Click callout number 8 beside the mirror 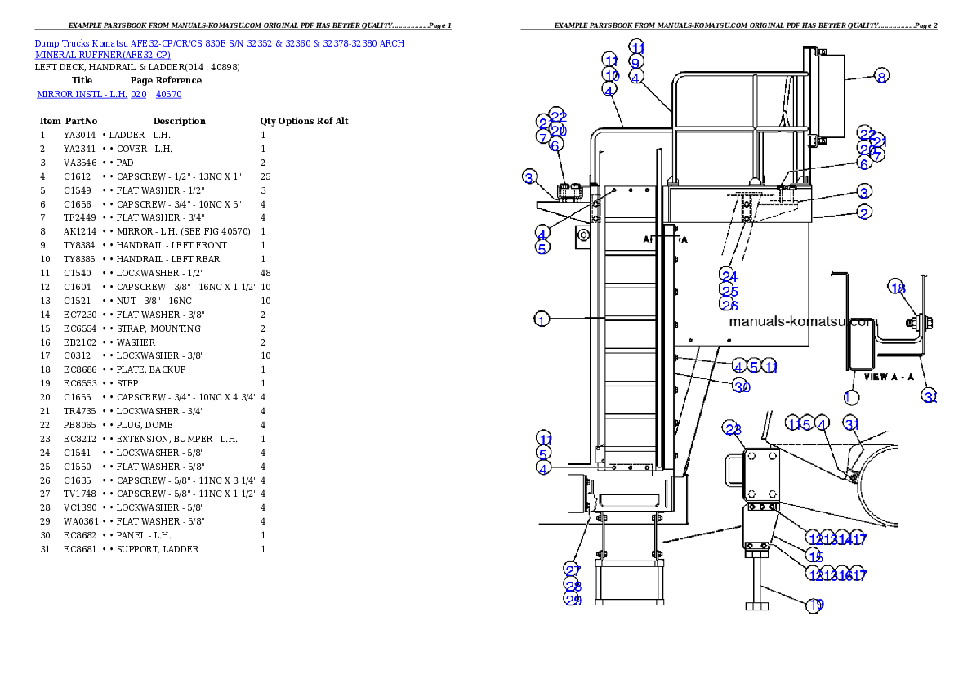point(881,77)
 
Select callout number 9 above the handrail point(635,62)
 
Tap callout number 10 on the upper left point(612,75)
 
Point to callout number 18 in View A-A point(898,288)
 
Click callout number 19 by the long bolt point(815,605)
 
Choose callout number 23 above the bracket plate point(732,430)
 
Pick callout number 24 point(729,276)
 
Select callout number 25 point(729,291)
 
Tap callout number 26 point(729,306)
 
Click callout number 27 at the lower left point(572,570)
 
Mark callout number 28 point(572,585)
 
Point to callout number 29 point(572,600)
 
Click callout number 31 point(852,424)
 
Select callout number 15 point(814,556)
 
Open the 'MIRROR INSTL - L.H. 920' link point(91,95)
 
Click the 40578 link point(168,95)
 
